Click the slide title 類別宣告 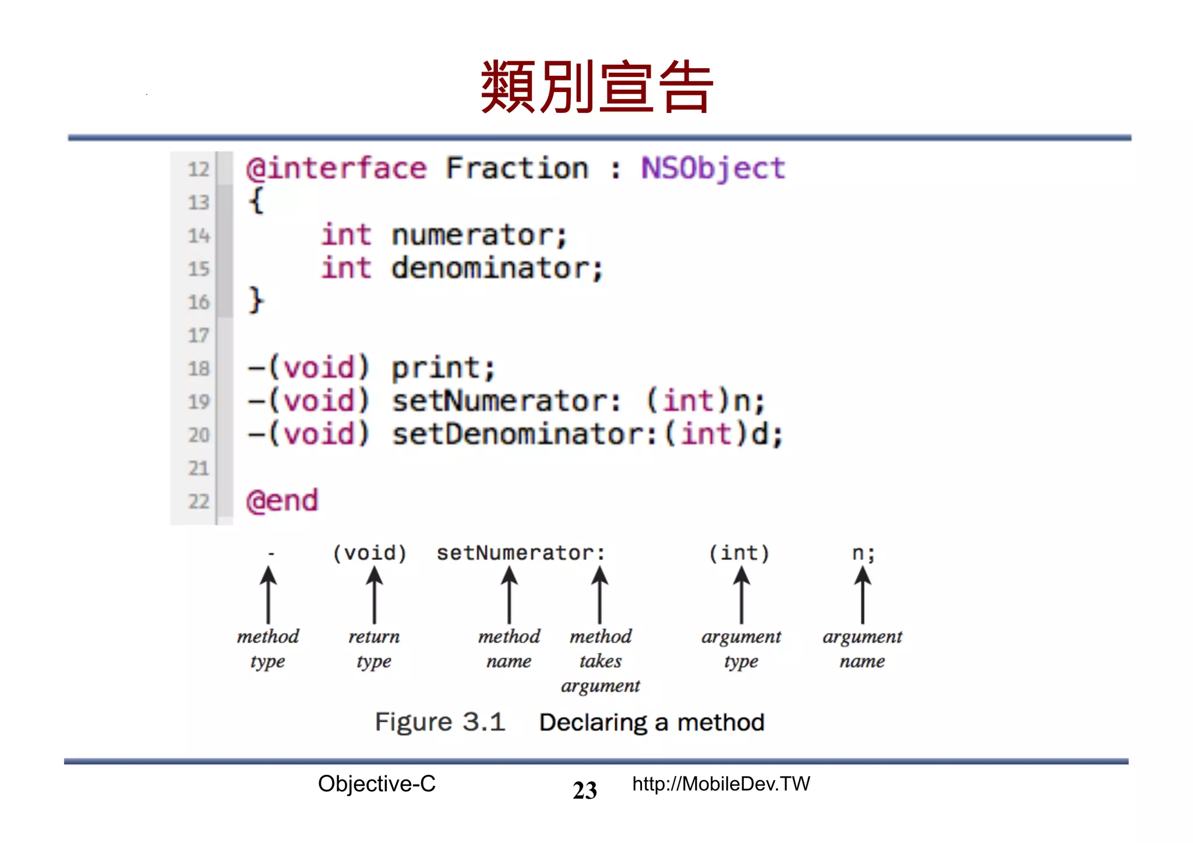pyautogui.click(x=596, y=87)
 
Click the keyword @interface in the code pyautogui.click(x=337, y=169)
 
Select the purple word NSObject pyautogui.click(x=713, y=169)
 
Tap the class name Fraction pyautogui.click(x=517, y=169)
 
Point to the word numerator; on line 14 pyautogui.click(x=479, y=235)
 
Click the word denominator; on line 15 pyautogui.click(x=496, y=269)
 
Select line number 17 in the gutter pyautogui.click(x=198, y=335)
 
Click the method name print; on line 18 pyautogui.click(x=443, y=368)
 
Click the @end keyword pyautogui.click(x=283, y=501)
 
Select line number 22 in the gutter pyautogui.click(x=198, y=501)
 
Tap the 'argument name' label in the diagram pyautogui.click(x=862, y=648)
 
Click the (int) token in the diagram pyautogui.click(x=739, y=553)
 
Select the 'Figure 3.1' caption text pyautogui.click(x=440, y=722)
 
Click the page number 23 pyautogui.click(x=585, y=791)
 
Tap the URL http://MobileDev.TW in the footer pyautogui.click(x=721, y=784)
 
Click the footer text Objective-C pyautogui.click(x=377, y=784)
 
